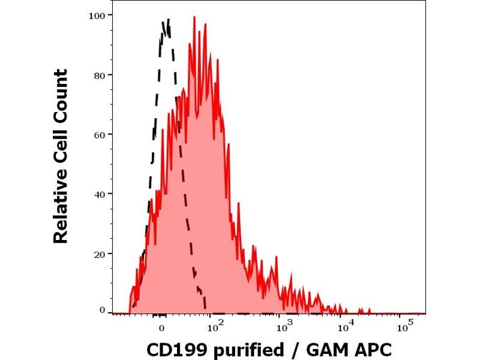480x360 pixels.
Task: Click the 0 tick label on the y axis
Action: pos(103,310)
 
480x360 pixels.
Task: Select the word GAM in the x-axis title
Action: pos(324,349)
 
